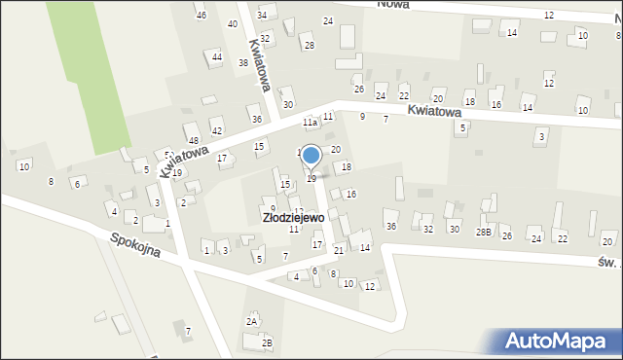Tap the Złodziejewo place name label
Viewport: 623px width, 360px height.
(293, 218)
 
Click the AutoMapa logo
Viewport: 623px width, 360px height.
(561, 341)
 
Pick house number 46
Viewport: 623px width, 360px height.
(201, 16)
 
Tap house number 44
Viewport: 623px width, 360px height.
(216, 57)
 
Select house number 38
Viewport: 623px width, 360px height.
(242, 63)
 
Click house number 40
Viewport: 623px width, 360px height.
(233, 23)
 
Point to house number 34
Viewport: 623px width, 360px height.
(262, 16)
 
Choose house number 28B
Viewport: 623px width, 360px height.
(483, 233)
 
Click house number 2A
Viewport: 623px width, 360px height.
(252, 321)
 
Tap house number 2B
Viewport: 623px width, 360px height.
(267, 342)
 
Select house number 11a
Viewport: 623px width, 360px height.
(310, 123)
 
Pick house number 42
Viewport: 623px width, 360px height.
(216, 130)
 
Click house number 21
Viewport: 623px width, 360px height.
(339, 250)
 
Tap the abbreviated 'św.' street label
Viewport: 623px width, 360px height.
(606, 261)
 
